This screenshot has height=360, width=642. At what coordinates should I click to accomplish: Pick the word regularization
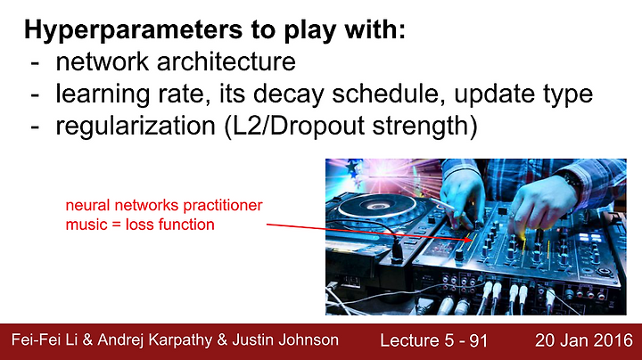[136, 127]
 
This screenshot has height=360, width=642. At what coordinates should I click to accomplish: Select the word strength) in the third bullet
[425, 127]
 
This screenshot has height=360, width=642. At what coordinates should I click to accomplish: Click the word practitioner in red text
[223, 205]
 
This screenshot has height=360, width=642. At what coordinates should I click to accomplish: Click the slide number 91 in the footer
[479, 340]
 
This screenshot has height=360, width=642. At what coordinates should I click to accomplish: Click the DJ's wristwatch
[572, 180]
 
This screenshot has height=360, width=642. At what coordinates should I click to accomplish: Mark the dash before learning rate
[35, 95]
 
